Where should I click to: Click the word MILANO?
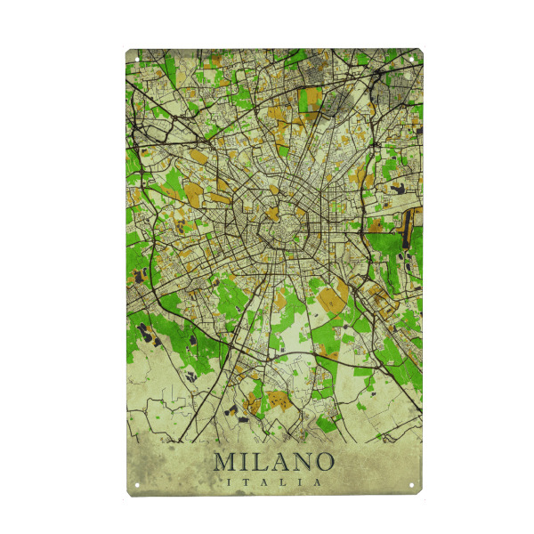(274, 462)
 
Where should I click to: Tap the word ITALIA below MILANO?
(274, 481)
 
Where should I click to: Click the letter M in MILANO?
(225, 462)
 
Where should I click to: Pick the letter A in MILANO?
(279, 462)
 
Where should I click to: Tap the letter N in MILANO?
(300, 462)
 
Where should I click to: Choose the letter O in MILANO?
(322, 462)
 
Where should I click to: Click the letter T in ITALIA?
(250, 481)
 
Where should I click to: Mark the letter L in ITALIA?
(283, 481)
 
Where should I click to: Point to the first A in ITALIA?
(266, 481)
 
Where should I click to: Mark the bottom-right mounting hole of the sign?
(412, 485)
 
